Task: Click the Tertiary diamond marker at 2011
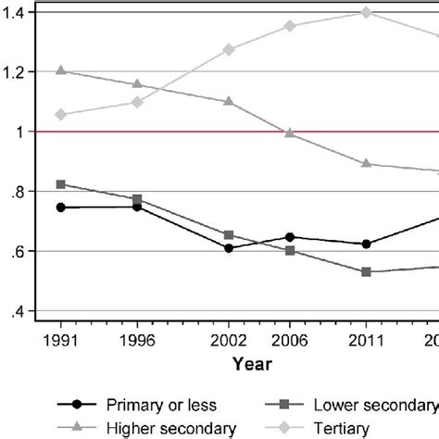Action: pyautogui.click(x=366, y=12)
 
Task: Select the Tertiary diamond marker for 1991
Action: pyautogui.click(x=61, y=115)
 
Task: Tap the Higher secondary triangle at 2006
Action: pyautogui.click(x=290, y=133)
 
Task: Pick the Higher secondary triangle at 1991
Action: pyautogui.click(x=61, y=70)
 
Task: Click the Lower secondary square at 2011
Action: pyautogui.click(x=366, y=271)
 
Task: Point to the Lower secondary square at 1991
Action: pyautogui.click(x=61, y=184)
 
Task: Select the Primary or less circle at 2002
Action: pyautogui.click(x=229, y=248)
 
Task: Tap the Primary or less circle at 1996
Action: pyautogui.click(x=137, y=207)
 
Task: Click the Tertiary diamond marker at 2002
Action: pyautogui.click(x=229, y=49)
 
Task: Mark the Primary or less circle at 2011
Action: pyautogui.click(x=366, y=245)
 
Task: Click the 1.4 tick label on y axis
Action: pyautogui.click(x=16, y=11)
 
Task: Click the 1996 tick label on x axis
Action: pyautogui.click(x=137, y=340)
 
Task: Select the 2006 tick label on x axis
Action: pyautogui.click(x=290, y=340)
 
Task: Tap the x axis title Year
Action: pyautogui.click(x=252, y=364)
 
